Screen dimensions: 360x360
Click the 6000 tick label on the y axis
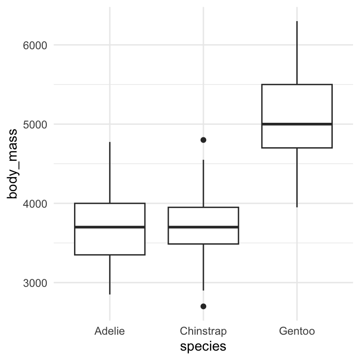pos(35,45)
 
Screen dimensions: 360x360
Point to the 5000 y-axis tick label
pos(35,125)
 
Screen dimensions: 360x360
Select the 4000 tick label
pos(35,204)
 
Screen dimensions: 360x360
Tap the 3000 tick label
pos(35,283)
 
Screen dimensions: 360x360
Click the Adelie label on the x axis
pos(110,331)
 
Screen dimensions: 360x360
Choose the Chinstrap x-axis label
pos(203,331)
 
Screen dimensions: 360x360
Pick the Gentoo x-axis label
pos(297,331)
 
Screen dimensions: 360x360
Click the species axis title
pos(203,346)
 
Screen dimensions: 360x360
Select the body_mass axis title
pos(12,164)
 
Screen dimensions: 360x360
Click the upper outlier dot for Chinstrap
pos(203,140)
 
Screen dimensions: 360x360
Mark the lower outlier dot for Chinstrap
pos(203,306)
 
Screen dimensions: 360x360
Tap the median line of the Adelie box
pos(110,227)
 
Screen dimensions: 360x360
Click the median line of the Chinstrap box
pos(203,227)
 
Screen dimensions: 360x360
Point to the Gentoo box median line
pos(297,124)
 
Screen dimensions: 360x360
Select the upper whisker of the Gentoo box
pos(297,53)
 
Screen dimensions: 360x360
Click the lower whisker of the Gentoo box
pos(297,178)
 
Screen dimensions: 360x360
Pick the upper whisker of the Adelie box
pos(110,172)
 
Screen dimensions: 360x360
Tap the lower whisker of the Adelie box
pos(110,275)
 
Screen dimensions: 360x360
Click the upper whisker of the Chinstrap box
pos(203,183)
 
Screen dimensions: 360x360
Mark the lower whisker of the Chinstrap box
pos(203,267)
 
